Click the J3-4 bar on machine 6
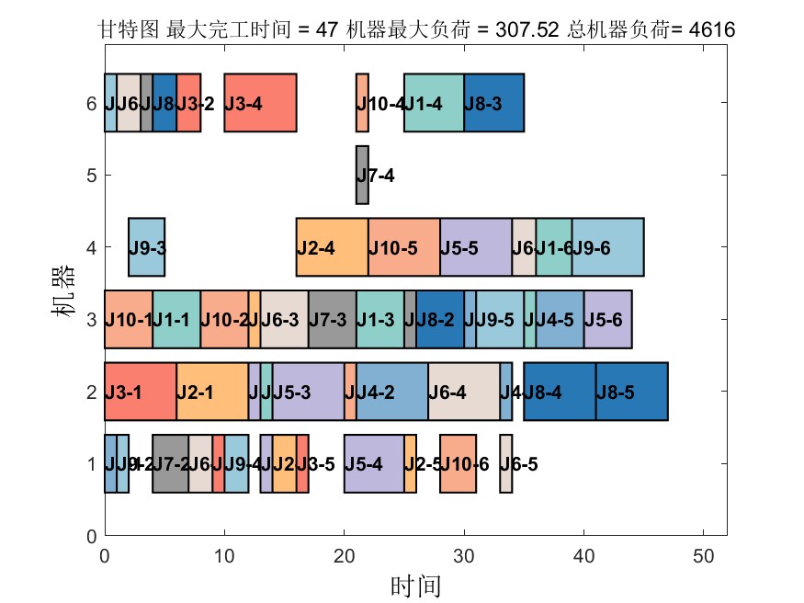[x=260, y=103]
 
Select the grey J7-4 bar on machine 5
[x=362, y=175]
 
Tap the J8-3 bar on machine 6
[x=493, y=103]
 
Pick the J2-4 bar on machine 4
[x=332, y=247]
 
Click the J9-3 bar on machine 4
[x=146, y=247]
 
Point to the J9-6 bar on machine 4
[x=607, y=247]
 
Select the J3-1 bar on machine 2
[x=141, y=392]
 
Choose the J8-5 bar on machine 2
[x=631, y=392]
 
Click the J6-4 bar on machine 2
[x=463, y=392]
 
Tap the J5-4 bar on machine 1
[x=374, y=463]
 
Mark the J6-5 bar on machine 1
[x=506, y=463]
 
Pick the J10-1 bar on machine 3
[x=129, y=319]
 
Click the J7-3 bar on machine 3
[x=332, y=319]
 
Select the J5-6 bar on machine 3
[x=607, y=319]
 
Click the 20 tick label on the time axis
[x=344, y=555]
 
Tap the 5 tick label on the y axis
[x=91, y=175]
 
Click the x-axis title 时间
[x=415, y=585]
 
